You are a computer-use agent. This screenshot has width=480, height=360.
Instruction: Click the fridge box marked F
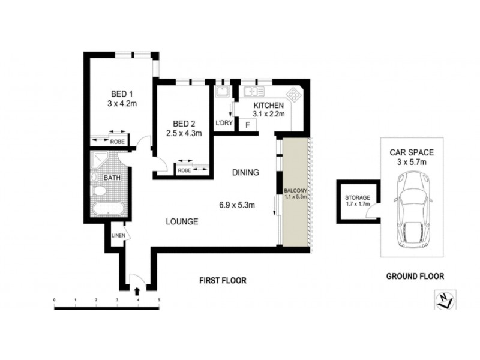click(x=247, y=124)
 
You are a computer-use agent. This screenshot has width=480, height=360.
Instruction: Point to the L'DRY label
click(x=224, y=124)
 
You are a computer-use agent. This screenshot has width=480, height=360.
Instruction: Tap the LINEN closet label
click(x=118, y=235)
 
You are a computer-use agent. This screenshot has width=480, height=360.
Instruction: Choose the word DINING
click(x=245, y=173)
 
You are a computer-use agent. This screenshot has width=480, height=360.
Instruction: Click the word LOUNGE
click(x=182, y=221)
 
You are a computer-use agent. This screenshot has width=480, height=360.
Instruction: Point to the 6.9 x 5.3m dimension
click(x=237, y=205)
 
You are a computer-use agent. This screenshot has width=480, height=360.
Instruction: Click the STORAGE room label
click(x=358, y=197)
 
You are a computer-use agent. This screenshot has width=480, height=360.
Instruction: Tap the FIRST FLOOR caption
click(x=223, y=280)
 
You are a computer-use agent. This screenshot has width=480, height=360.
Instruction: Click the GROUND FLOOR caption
click(x=415, y=277)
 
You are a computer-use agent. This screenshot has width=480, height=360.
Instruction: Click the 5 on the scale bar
click(x=159, y=299)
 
